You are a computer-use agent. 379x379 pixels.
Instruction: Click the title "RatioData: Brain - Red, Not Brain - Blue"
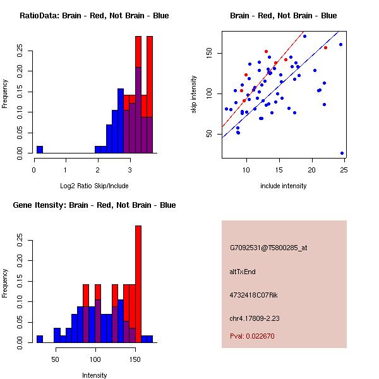[x=94, y=16]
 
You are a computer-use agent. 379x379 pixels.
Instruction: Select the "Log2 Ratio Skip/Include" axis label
[x=94, y=186]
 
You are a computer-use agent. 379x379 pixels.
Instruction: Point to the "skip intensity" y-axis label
[x=194, y=95]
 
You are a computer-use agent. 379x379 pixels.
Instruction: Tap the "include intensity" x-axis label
[x=283, y=186]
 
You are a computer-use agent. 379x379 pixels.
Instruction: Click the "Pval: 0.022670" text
[x=252, y=336]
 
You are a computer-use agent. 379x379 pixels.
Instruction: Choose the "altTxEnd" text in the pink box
[x=243, y=272]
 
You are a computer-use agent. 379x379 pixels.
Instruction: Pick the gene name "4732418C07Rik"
[x=253, y=295]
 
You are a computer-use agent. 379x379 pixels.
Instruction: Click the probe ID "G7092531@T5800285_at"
[x=268, y=248]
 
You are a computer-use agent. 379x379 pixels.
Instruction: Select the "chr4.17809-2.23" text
[x=255, y=318]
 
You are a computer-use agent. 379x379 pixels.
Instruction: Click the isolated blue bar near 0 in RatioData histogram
[x=40, y=150]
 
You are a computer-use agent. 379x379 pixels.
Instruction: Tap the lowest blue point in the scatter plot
[x=342, y=153]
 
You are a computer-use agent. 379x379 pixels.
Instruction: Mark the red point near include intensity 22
[x=325, y=48]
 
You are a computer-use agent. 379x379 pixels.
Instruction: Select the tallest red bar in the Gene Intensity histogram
[x=138, y=284]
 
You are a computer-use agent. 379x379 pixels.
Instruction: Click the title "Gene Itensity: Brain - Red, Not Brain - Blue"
[x=94, y=205]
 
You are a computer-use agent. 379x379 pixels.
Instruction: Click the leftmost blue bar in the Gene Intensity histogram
[x=40, y=339]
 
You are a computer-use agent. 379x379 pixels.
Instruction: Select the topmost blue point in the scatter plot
[x=304, y=37]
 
